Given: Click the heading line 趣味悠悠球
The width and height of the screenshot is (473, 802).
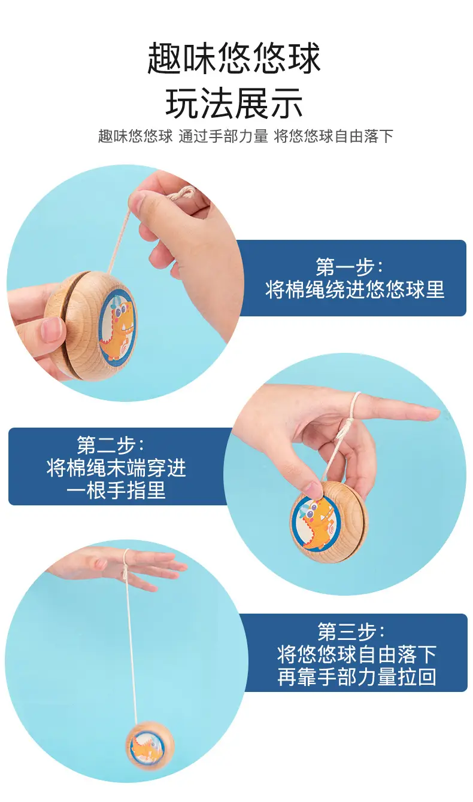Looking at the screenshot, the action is tap(234, 58).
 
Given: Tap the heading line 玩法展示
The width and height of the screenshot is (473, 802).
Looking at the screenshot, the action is tap(234, 103).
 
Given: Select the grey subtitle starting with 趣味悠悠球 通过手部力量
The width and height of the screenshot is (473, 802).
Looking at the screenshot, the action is tap(246, 136).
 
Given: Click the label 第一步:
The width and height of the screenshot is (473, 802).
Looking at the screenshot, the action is tap(350, 266).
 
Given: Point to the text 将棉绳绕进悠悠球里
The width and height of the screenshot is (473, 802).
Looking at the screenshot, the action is tap(354, 289).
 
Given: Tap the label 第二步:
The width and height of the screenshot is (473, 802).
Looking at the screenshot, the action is tap(111, 445).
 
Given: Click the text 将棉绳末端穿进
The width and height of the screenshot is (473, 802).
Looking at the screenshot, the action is tap(117, 468).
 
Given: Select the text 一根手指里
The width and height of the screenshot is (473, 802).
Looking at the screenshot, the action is tap(116, 490).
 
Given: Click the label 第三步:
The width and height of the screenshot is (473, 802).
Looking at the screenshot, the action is tap(351, 632).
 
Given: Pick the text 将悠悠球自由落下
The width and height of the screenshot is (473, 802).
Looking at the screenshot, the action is tap(356, 654).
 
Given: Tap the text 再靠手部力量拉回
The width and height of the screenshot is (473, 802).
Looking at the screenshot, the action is tap(356, 676).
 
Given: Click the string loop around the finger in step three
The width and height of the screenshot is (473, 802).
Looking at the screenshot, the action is tap(126, 565).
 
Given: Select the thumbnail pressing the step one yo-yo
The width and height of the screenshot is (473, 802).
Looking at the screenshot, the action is tap(53, 330).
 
